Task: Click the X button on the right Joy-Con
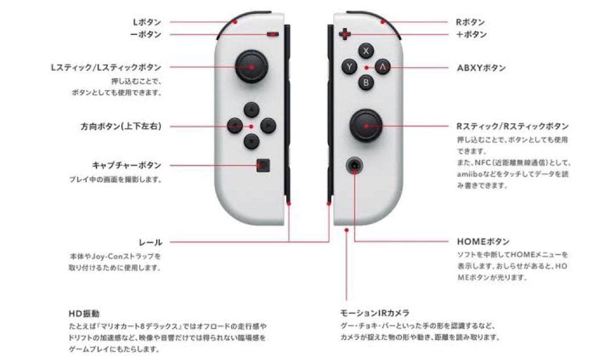pos(366,51)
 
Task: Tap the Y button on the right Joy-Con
pos(349,67)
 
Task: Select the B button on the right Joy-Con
pos(366,83)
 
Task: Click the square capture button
pos(263,165)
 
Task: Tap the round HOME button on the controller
pos(354,165)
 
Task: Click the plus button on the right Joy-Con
pos(345,34)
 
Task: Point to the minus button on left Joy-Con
pos(273,34)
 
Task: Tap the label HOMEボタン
pos(483,242)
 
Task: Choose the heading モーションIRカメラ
pos(374,313)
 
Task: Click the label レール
pos(151,242)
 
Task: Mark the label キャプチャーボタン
pos(127,165)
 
